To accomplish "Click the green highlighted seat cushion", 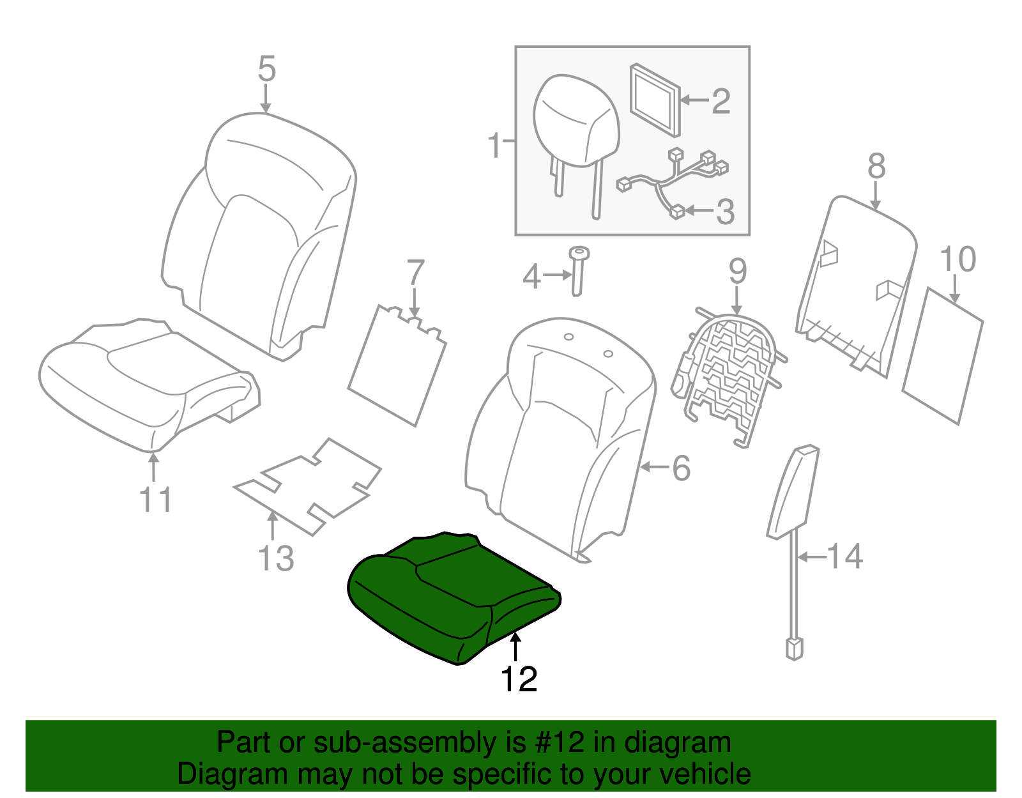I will [x=447, y=594].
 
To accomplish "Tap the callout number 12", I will [x=519, y=679].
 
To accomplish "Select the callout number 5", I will [x=267, y=69].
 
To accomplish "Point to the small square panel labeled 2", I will [x=655, y=100].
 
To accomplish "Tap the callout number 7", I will [x=415, y=273].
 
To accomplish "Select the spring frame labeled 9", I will [x=728, y=377].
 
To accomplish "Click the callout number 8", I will [x=876, y=166].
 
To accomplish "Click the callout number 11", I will [x=155, y=500].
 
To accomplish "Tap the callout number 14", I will [x=844, y=556].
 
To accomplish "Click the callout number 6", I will [x=681, y=468].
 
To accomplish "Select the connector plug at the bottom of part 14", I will [x=794, y=648].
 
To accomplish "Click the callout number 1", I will [x=495, y=146].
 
